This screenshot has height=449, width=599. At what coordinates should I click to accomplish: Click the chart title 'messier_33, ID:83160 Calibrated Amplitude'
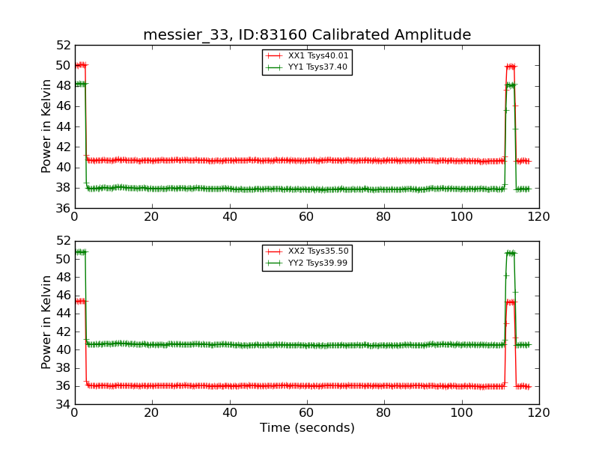click(x=307, y=35)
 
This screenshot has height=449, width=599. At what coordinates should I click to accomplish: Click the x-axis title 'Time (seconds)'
click(x=307, y=428)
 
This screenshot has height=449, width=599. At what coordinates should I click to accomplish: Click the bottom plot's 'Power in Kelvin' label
click(x=47, y=322)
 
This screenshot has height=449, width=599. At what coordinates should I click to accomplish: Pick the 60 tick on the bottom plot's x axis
click(x=306, y=412)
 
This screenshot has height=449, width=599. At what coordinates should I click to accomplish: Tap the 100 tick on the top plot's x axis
click(x=461, y=216)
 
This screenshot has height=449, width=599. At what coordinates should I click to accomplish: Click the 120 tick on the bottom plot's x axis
click(x=538, y=412)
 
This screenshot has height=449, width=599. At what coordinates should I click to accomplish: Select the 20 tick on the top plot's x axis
click(x=151, y=216)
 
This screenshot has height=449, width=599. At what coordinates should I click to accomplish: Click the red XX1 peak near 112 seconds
click(x=511, y=66)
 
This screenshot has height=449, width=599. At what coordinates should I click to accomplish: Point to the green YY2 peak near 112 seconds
click(x=511, y=253)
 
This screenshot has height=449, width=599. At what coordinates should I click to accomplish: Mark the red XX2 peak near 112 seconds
click(x=511, y=302)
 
